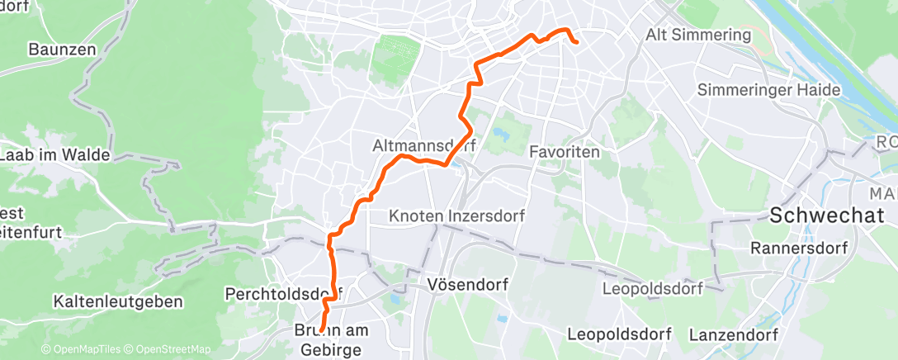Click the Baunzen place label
pos(62,50)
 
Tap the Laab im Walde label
pos(56,154)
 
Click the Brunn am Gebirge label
pos(330,339)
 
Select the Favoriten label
pos(565,153)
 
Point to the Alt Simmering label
pos(698,35)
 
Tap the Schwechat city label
pos(822,216)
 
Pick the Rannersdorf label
pos(800,247)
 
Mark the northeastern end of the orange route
pos(575,41)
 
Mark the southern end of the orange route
pos(321,331)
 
